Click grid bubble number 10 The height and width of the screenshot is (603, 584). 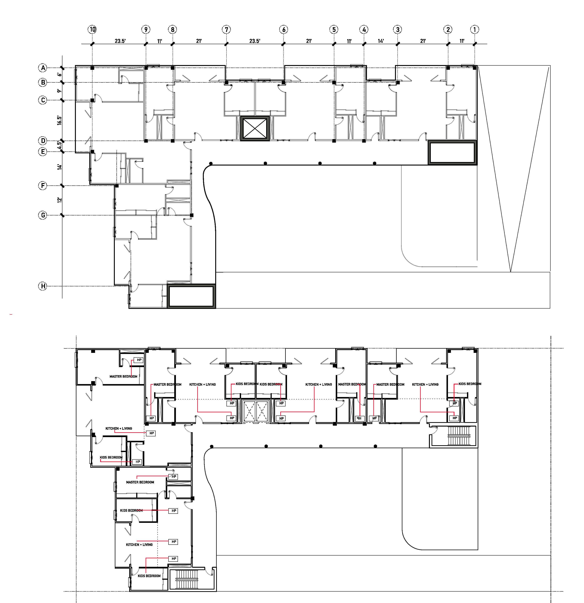coord(92,30)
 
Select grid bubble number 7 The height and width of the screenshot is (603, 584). coord(226,30)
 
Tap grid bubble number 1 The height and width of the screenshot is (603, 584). coord(475,30)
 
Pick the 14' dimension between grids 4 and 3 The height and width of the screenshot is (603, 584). coord(381,41)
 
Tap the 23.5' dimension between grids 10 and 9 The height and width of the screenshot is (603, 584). coord(120,41)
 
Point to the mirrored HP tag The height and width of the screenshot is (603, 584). coord(359,418)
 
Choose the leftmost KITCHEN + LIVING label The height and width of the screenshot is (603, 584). coord(119,428)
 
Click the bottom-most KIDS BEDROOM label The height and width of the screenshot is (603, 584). coord(149,576)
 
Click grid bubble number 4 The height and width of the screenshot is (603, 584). coord(364,30)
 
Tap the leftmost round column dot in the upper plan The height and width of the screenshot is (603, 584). coord(211,163)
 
